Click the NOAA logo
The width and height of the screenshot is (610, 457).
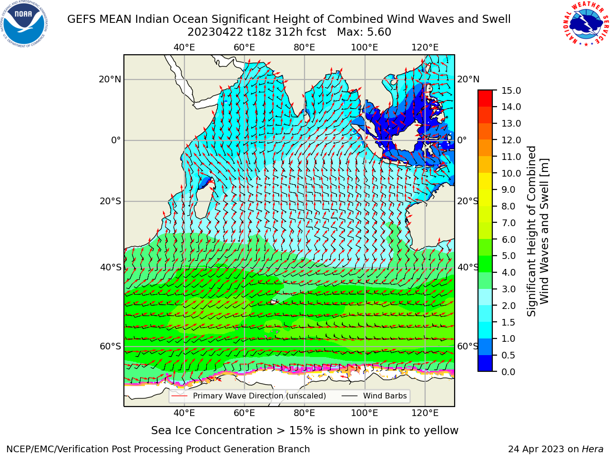(x=24, y=24)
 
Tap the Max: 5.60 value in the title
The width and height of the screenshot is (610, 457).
(x=364, y=32)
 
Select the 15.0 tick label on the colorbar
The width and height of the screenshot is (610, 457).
(x=511, y=90)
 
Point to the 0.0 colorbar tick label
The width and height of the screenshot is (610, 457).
(x=508, y=372)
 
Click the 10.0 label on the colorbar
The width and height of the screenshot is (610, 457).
(x=511, y=173)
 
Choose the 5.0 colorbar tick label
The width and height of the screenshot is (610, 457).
(x=508, y=256)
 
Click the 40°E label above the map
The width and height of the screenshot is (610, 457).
(x=184, y=48)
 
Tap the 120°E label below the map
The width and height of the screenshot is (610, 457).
(x=425, y=413)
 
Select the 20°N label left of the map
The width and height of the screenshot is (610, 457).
(x=110, y=79)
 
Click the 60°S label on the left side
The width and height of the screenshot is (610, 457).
(x=111, y=346)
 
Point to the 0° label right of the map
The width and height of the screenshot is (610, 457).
(x=462, y=140)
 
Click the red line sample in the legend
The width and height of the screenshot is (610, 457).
(x=180, y=396)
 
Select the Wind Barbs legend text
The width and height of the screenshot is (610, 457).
(x=385, y=396)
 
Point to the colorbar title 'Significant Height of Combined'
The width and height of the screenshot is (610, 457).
(x=531, y=231)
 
